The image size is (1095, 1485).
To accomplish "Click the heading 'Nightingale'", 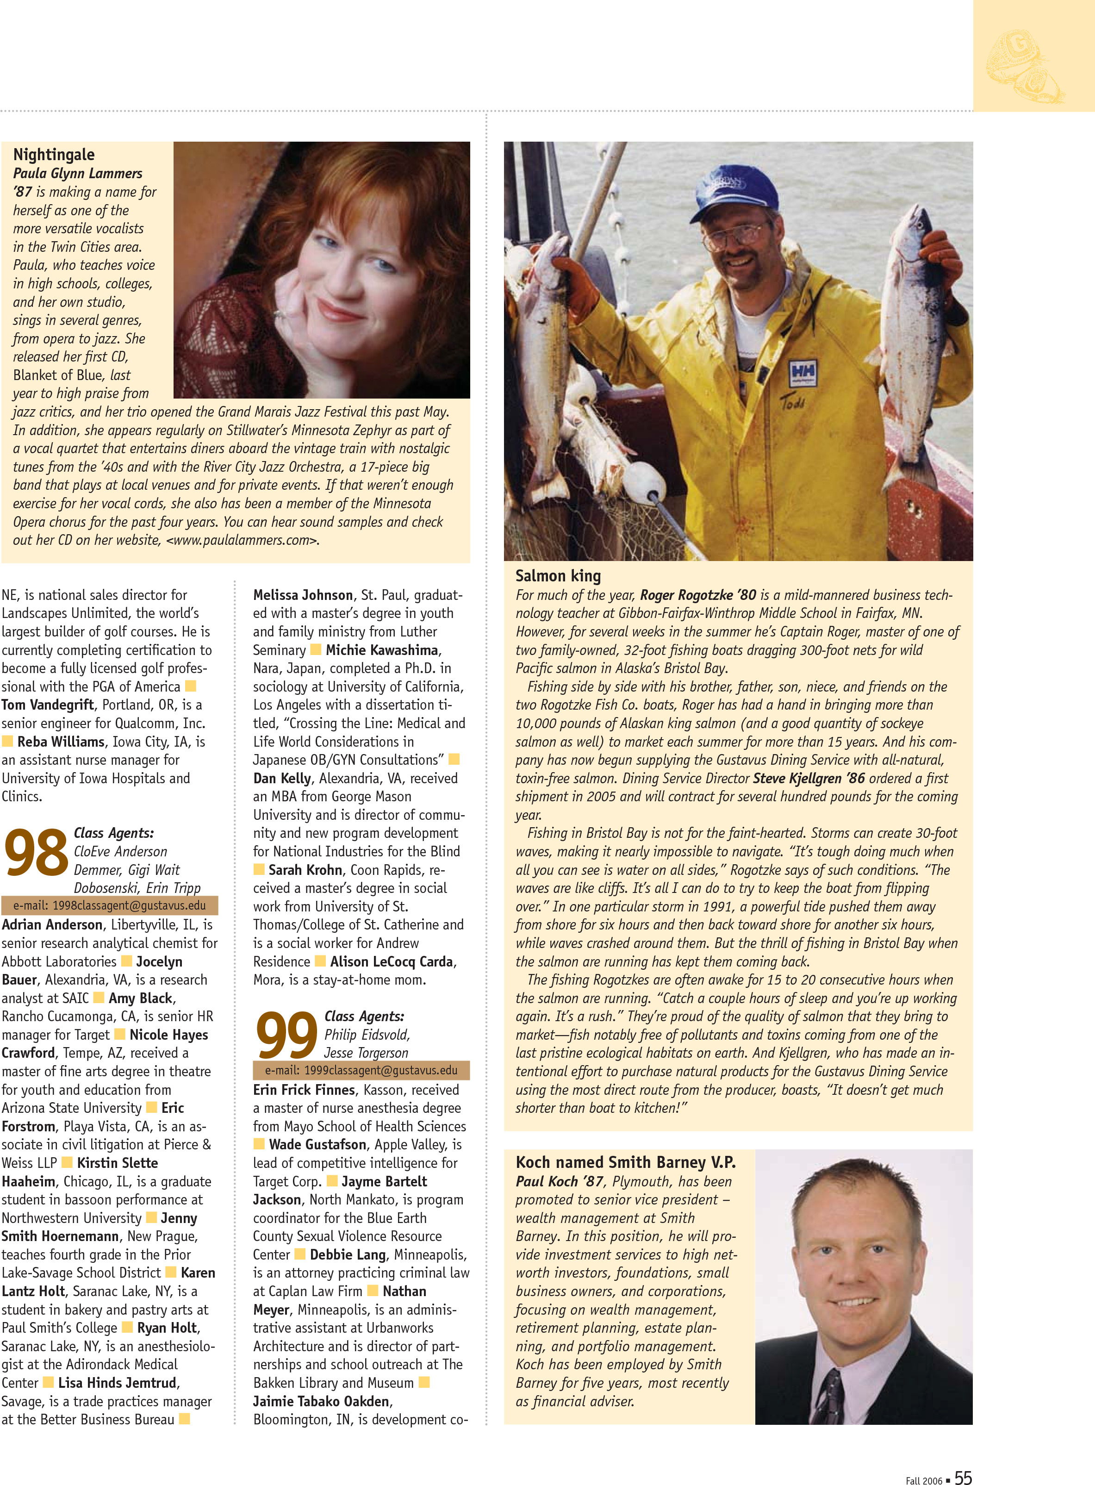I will tap(54, 155).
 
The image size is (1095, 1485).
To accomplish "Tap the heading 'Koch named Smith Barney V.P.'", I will tap(625, 1162).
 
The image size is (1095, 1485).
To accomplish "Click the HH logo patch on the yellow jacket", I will tap(802, 373).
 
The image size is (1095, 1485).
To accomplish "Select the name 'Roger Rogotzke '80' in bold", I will tap(697, 595).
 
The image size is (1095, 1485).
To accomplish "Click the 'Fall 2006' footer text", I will tap(923, 1480).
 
